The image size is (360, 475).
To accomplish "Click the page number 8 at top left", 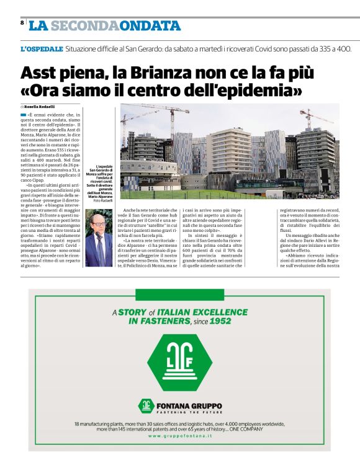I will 22,22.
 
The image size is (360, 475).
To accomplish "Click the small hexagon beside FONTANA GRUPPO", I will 146,406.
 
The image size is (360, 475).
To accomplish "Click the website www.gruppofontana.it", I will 179,437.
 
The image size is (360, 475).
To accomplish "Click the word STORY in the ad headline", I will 132,312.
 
